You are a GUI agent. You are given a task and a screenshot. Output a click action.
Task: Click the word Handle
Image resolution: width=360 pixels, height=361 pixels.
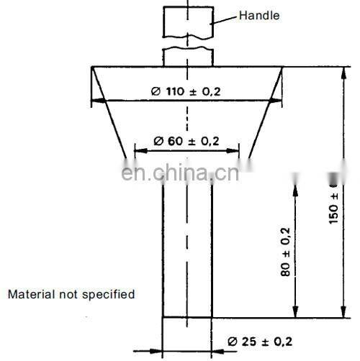pos(259,15)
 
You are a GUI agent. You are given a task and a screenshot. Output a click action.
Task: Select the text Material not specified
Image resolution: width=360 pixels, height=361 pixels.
pos(71,294)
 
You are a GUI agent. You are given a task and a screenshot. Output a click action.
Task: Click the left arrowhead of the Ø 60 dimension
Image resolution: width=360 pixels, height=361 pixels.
pos(139,151)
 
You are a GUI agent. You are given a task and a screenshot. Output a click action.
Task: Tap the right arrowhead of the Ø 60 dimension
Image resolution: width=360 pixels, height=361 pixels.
pos(235,151)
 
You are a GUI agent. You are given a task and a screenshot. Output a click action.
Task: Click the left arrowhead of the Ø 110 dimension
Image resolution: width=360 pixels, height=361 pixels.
pos(95,101)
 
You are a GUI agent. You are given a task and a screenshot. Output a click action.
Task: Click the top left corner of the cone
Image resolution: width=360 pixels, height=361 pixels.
pos(92,67)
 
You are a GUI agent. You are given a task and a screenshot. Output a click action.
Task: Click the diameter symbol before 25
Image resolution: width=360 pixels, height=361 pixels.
pos(233,341)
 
